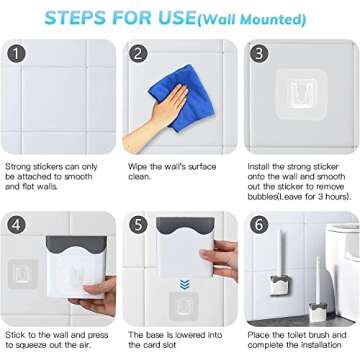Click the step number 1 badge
pos(16,54)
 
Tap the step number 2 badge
pos(138,54)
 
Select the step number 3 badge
pos(259,54)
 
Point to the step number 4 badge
pos(16,225)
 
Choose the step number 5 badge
pos(138,225)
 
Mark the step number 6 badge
pos(259,225)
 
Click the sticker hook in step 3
pos(301,94)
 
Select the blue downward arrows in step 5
pos(184,284)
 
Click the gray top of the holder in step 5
pos(185,225)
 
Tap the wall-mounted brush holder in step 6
pos(278,284)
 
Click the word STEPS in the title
pos(76,18)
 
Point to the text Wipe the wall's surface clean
pos(172,171)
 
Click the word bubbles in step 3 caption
pos(263,197)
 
